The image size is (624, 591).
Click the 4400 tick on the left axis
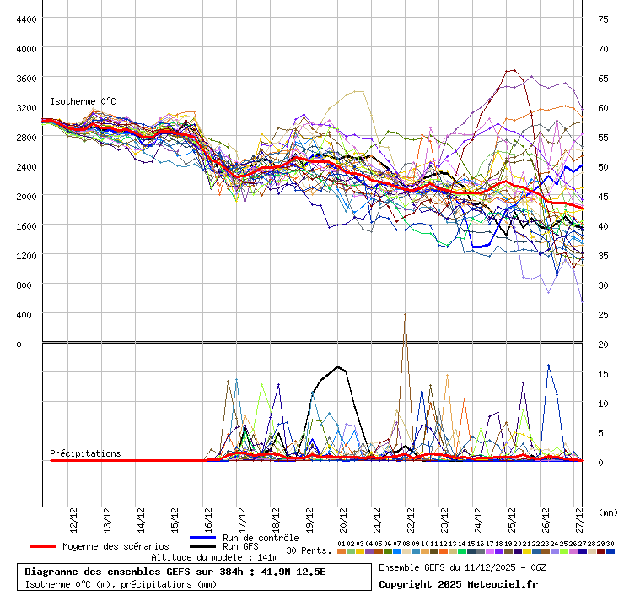25,19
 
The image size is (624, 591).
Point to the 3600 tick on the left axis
25,78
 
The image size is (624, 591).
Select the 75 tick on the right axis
603,19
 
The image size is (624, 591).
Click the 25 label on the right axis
603,314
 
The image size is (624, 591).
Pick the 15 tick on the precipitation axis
603,373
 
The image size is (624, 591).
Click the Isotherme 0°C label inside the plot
83,101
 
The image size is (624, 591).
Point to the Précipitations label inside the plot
85,453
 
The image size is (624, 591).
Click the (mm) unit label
607,512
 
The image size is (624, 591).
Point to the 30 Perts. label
308,550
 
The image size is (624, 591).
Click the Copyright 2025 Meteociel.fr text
458,583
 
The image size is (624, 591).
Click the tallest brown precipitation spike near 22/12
405,316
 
